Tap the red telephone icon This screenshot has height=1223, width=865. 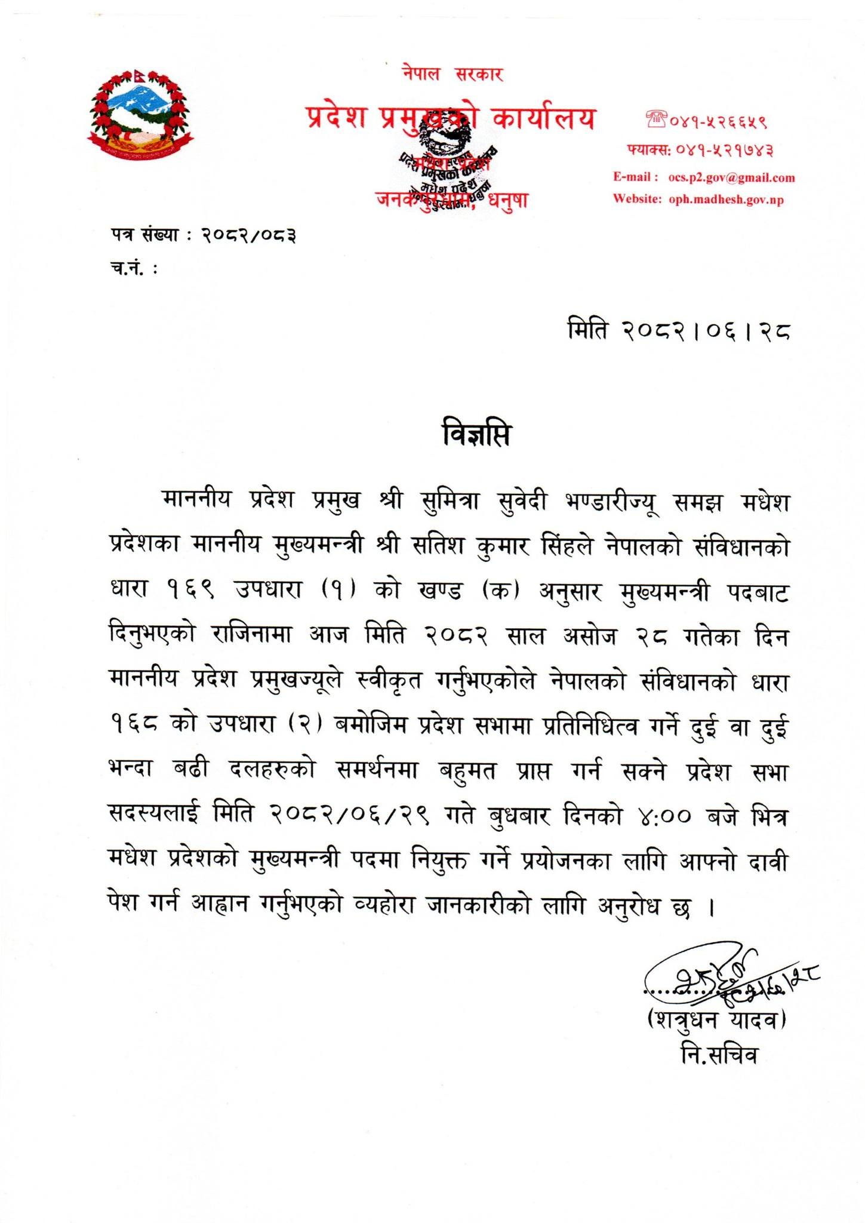coord(655,122)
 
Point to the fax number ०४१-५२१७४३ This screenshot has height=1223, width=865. coord(724,150)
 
